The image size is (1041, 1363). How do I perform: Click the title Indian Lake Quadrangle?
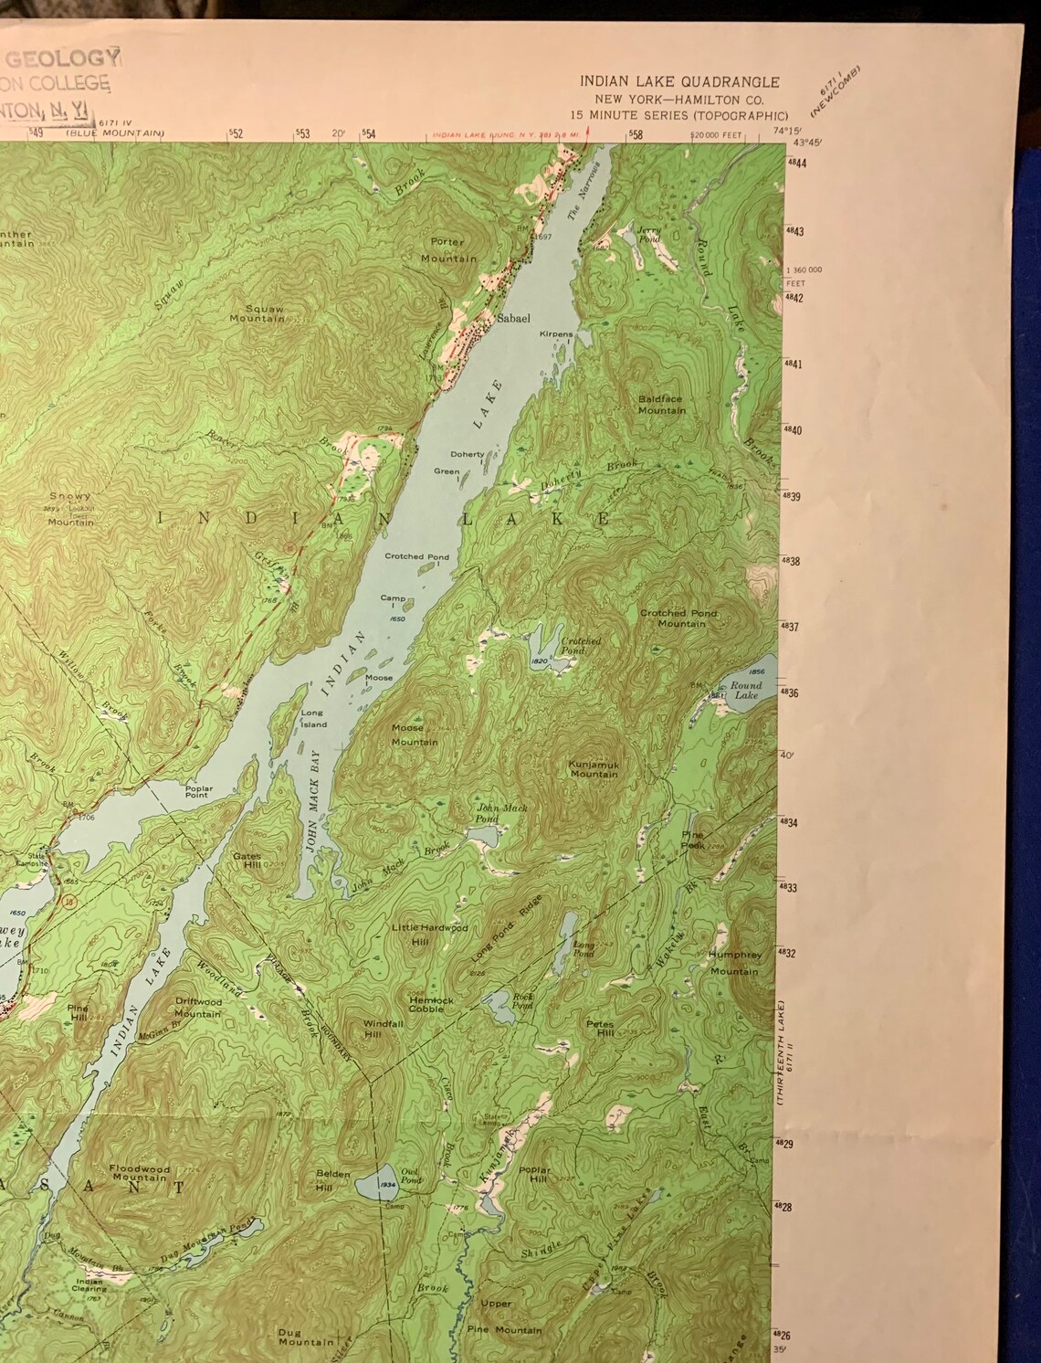679,81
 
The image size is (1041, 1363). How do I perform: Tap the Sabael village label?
512,321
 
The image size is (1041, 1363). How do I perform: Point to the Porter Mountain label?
448,250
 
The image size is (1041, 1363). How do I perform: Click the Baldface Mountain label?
661,405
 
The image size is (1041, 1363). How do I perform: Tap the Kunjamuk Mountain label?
594,768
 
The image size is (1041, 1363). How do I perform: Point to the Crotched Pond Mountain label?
678,618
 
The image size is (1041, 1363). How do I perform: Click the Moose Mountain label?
414,734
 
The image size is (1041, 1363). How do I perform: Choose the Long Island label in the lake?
313,718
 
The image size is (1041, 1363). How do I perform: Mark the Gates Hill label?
247,861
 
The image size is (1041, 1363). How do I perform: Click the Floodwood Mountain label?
138,1173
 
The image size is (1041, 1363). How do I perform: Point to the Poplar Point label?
198,791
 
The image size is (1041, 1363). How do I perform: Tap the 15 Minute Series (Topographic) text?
678,115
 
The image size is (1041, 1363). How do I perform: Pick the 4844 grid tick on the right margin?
795,164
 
